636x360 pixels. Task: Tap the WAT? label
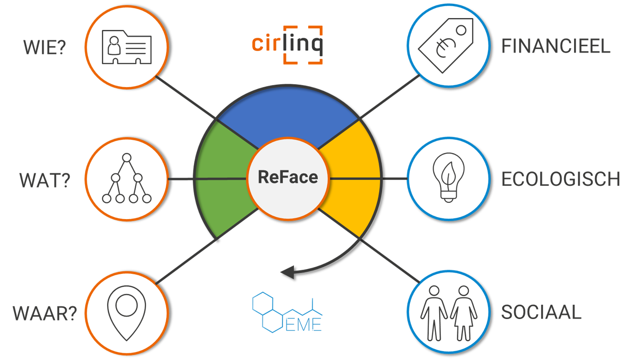45,180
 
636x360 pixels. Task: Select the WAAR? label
44,314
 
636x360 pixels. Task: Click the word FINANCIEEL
555,47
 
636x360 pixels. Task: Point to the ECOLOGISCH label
561,180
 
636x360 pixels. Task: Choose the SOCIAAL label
541,312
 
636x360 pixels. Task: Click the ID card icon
126,47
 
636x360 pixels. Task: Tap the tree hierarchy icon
126,180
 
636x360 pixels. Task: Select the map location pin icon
126,313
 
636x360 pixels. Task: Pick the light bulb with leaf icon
448,179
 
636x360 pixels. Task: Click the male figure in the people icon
434,312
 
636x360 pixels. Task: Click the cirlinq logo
288,45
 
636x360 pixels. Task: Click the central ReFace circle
288,178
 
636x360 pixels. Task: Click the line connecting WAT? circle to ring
181,179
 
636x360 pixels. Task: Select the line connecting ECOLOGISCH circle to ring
394,179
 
